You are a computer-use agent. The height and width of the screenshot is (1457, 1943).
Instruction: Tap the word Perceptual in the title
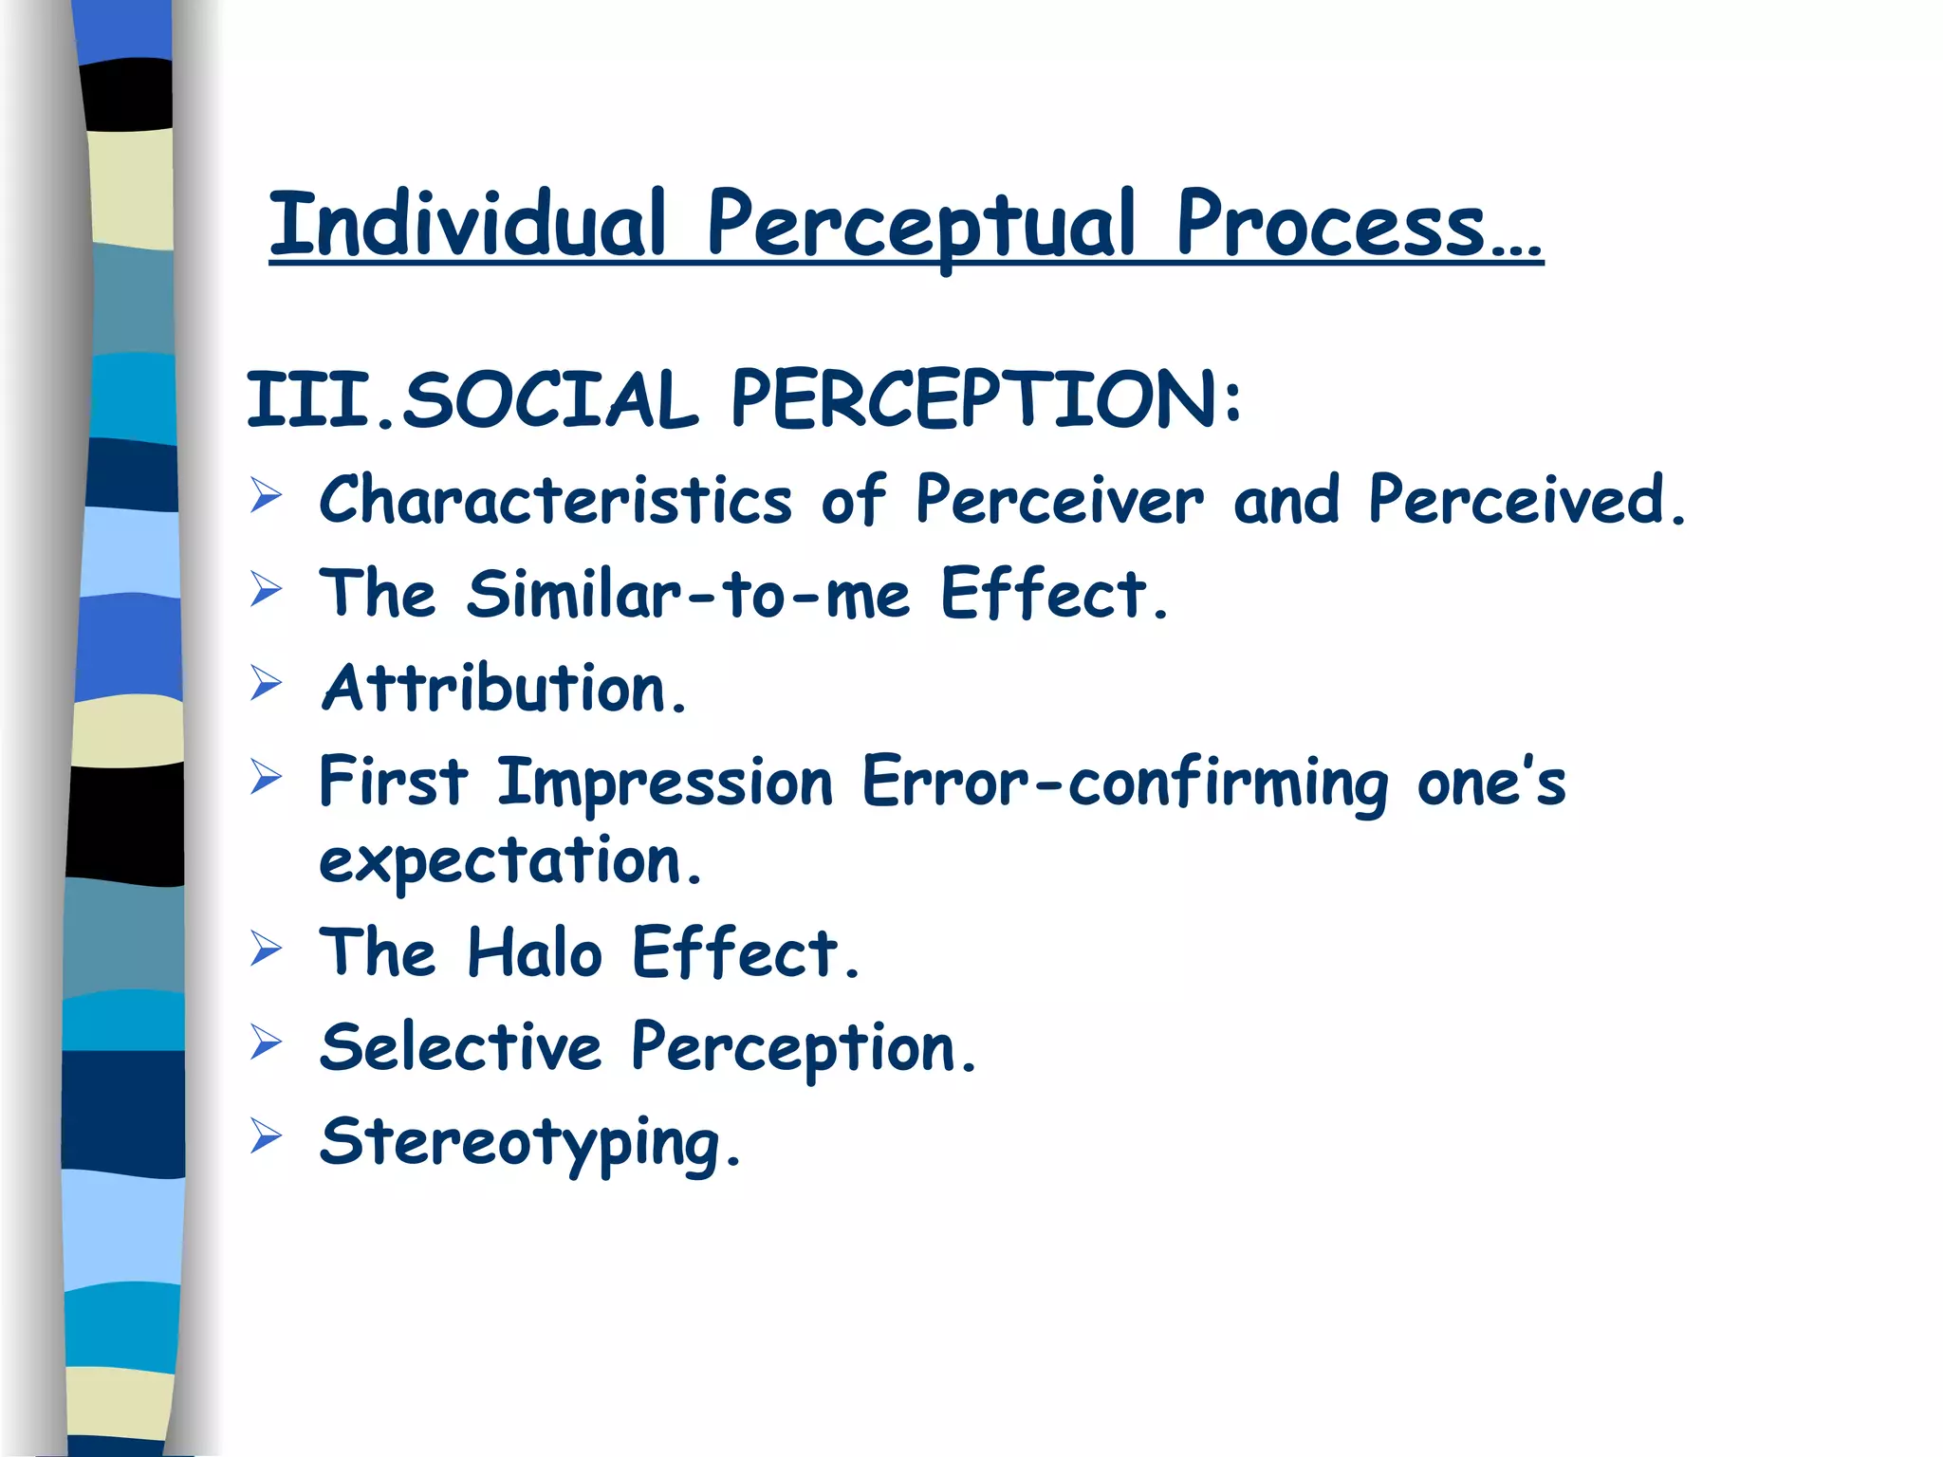(920, 226)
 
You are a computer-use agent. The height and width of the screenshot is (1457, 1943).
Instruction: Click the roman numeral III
(307, 400)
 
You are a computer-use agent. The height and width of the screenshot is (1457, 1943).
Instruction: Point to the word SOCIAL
(550, 400)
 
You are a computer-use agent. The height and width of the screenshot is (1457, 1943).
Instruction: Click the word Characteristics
(555, 500)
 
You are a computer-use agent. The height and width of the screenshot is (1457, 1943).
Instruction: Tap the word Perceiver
(1059, 500)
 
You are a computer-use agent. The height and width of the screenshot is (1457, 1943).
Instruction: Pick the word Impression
(664, 784)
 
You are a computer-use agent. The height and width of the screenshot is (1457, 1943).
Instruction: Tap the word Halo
(534, 952)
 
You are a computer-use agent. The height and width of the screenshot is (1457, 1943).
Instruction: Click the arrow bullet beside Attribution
(267, 683)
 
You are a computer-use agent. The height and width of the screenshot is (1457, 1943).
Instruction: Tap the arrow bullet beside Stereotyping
(267, 1135)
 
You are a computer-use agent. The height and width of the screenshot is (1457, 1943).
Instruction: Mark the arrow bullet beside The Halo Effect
(267, 948)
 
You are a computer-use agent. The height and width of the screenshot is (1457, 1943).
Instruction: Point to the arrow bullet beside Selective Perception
(267, 1042)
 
